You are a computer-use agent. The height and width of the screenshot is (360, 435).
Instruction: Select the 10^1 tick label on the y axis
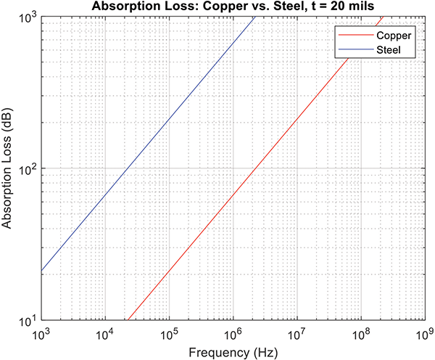(x=27, y=321)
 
